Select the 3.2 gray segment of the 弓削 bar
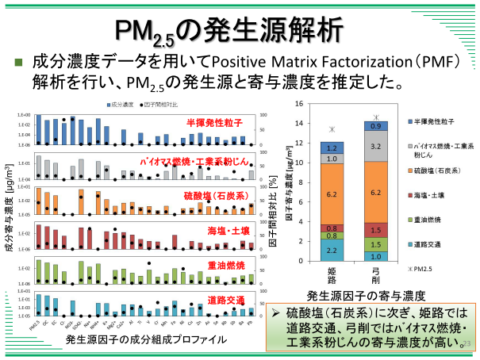click(x=376, y=147)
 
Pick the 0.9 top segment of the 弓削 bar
click(x=376, y=126)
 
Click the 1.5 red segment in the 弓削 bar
click(x=376, y=229)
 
